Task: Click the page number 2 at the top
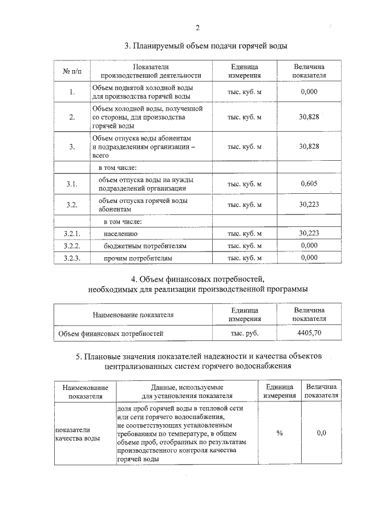[x=197, y=29]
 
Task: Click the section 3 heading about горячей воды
[x=206, y=46]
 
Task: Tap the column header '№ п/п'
[x=72, y=71]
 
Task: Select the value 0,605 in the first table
[x=309, y=184]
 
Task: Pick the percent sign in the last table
[x=279, y=433]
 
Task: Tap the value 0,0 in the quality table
[x=321, y=433]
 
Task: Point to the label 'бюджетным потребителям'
[x=145, y=246]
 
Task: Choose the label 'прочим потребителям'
[x=137, y=258]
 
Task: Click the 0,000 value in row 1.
[x=309, y=92]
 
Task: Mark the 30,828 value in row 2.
[x=309, y=117]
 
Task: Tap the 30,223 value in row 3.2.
[x=309, y=205]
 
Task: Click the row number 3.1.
[x=72, y=184]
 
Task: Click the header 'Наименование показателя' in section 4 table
[x=133, y=314]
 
